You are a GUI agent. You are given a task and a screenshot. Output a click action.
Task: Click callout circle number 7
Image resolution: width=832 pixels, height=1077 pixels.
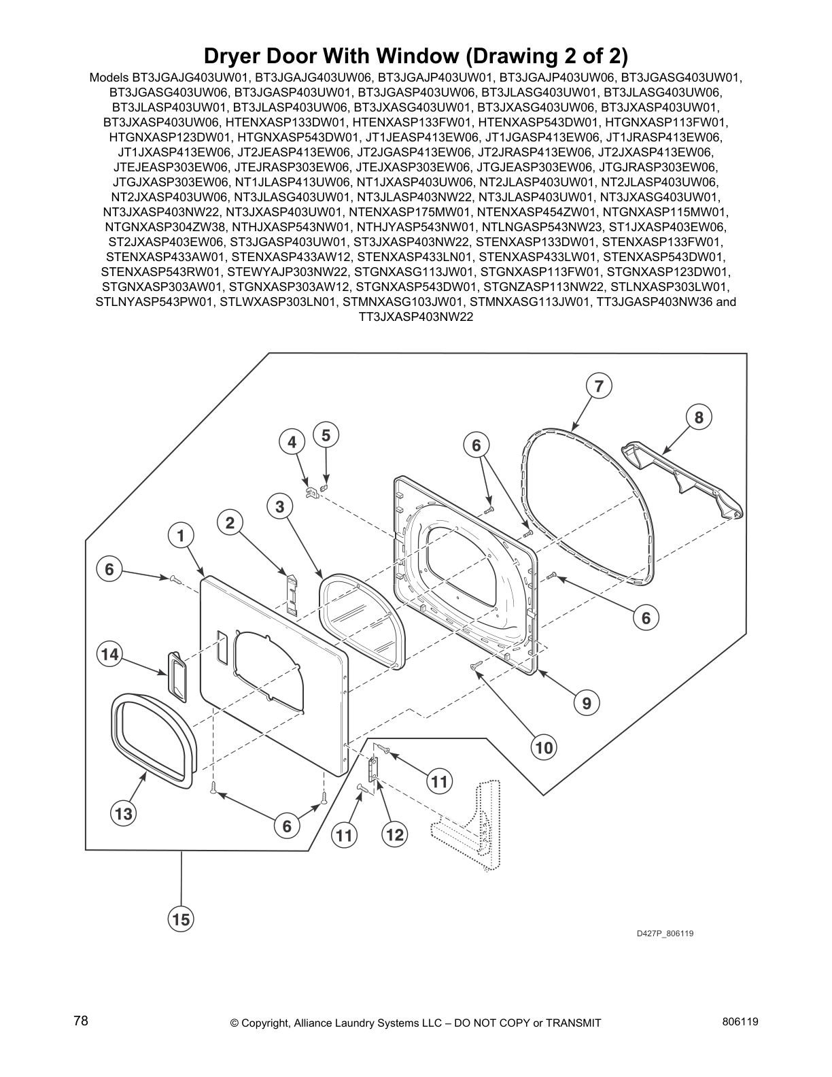[599, 386]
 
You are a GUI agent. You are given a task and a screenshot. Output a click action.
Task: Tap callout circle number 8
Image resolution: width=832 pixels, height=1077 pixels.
[699, 417]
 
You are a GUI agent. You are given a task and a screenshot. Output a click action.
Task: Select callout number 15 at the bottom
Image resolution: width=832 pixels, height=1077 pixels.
[181, 919]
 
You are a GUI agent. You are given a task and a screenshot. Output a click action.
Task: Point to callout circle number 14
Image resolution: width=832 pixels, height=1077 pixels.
[109, 655]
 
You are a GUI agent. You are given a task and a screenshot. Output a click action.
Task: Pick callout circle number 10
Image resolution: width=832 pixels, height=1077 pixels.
[544, 748]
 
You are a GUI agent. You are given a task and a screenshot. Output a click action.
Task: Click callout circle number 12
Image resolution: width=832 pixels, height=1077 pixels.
[394, 834]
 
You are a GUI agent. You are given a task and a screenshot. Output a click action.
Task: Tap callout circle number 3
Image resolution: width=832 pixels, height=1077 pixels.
[279, 507]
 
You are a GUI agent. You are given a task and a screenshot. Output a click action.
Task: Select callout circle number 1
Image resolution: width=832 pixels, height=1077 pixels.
[181, 536]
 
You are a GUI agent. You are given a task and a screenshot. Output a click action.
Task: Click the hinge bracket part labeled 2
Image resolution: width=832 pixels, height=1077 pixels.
[292, 594]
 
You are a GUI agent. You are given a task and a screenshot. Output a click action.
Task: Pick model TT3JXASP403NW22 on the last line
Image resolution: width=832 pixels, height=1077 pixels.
[415, 316]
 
